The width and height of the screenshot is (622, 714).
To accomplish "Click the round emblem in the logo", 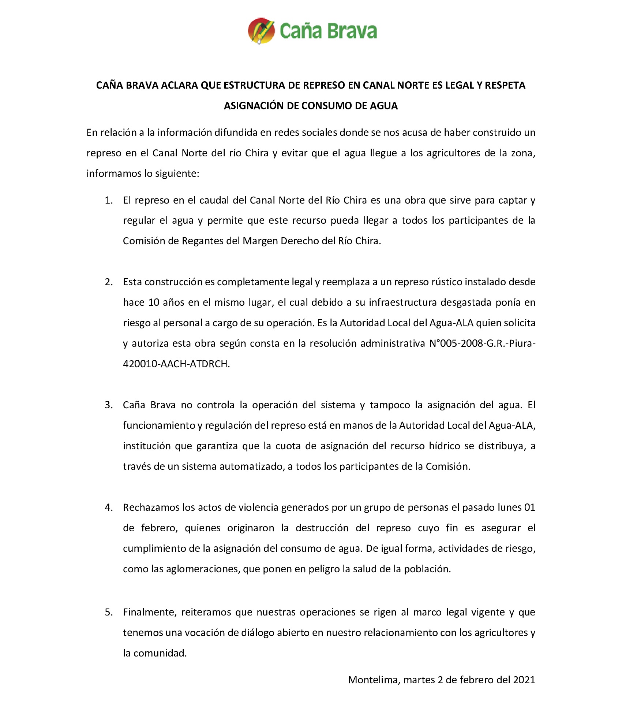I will tap(261, 31).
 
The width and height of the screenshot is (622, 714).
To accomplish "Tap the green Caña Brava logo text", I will tap(328, 31).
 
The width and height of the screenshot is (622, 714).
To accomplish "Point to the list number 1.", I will tap(108, 200).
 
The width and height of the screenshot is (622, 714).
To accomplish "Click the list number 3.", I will tap(108, 405).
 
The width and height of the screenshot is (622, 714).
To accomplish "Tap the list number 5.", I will tap(108, 612).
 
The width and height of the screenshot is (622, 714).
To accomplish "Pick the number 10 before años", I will tap(154, 302).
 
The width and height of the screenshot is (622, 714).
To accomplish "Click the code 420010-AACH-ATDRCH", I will tap(176, 364).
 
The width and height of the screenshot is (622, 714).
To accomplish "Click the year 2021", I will tap(524, 680).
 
